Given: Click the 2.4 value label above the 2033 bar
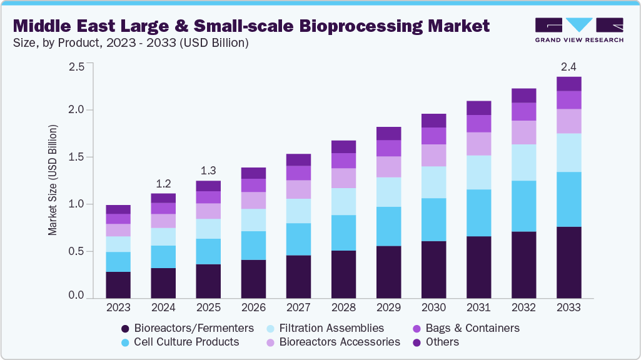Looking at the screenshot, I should [x=568, y=67].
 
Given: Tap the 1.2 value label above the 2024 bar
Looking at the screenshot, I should [x=163, y=184].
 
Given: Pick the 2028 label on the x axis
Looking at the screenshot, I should [x=343, y=307].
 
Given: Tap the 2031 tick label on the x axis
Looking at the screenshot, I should [x=478, y=307].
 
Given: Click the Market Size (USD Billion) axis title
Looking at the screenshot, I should [x=53, y=181].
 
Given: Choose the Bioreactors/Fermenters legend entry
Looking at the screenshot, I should [x=188, y=328].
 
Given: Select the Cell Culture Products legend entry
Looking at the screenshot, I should [x=180, y=342].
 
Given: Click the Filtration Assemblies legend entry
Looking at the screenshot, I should [x=325, y=328].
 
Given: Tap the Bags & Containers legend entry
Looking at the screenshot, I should [x=466, y=328].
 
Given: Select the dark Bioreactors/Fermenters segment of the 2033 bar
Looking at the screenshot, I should [x=568, y=262].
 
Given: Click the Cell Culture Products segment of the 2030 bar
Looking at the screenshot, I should [x=433, y=219].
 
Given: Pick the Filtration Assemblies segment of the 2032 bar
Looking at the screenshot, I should [x=523, y=162].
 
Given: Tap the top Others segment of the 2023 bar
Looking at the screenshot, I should [x=118, y=209].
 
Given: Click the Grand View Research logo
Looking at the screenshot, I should [x=579, y=30].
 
